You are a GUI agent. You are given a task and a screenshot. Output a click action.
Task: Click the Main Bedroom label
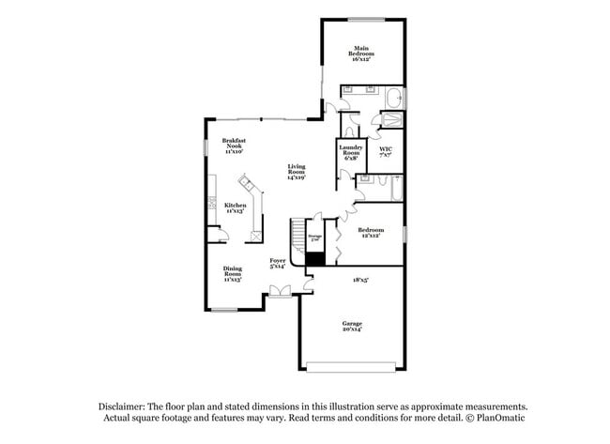point(361,54)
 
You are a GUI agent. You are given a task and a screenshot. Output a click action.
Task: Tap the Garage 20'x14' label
point(352,326)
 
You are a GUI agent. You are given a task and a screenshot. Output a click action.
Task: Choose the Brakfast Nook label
point(234,146)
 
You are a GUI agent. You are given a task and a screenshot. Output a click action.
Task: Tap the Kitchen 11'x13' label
point(235,207)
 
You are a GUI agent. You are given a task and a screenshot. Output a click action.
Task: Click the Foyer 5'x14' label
point(278,264)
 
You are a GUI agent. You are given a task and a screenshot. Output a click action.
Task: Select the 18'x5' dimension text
point(360,279)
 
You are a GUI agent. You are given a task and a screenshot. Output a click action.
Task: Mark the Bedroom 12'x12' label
point(371,233)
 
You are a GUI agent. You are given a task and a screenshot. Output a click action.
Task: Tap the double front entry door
point(280,295)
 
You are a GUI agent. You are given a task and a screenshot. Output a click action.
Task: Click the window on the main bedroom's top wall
point(363,19)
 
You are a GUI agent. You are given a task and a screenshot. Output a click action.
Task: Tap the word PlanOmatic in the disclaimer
point(501,418)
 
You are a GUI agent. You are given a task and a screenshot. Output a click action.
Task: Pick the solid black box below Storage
point(316,258)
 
